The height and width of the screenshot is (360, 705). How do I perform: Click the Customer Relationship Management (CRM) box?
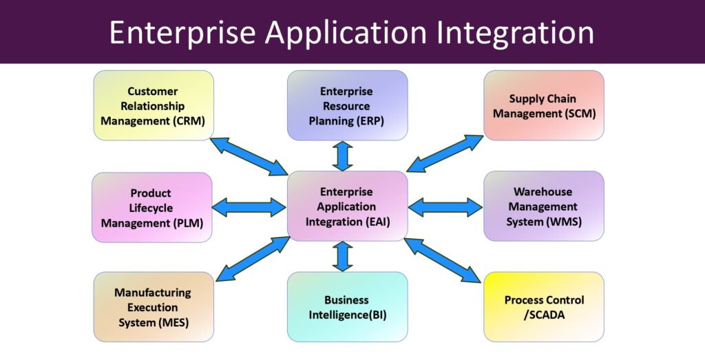154,105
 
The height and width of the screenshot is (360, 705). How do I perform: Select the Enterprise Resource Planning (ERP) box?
347,105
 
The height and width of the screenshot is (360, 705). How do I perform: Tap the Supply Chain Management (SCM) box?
544,105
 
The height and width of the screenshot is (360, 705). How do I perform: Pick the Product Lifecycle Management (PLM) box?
152,208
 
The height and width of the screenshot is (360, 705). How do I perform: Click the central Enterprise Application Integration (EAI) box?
347,207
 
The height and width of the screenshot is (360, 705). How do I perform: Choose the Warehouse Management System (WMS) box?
544,207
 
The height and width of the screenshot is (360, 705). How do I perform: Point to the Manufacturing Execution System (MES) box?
154,307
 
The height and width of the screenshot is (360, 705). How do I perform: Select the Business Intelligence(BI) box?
347,307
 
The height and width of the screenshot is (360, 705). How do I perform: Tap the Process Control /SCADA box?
544,307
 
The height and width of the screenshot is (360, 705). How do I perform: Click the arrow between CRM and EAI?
249,156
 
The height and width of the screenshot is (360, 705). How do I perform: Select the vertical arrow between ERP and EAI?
343,156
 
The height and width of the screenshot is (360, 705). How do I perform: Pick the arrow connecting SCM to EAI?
445,153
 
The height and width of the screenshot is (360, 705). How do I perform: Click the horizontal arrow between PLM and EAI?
249,207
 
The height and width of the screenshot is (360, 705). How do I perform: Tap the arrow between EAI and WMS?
445,207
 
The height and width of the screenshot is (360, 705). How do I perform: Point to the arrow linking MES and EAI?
253,259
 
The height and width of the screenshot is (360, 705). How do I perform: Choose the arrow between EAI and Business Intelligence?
343,257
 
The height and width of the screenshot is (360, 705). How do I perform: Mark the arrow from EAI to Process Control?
443,261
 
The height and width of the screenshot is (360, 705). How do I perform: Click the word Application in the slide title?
346,34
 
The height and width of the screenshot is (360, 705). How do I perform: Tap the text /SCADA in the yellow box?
544,315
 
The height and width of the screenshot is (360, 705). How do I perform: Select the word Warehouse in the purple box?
543,192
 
